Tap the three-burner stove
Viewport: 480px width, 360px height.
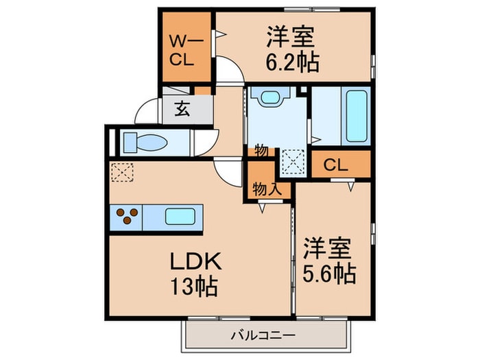(x=125, y=219)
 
